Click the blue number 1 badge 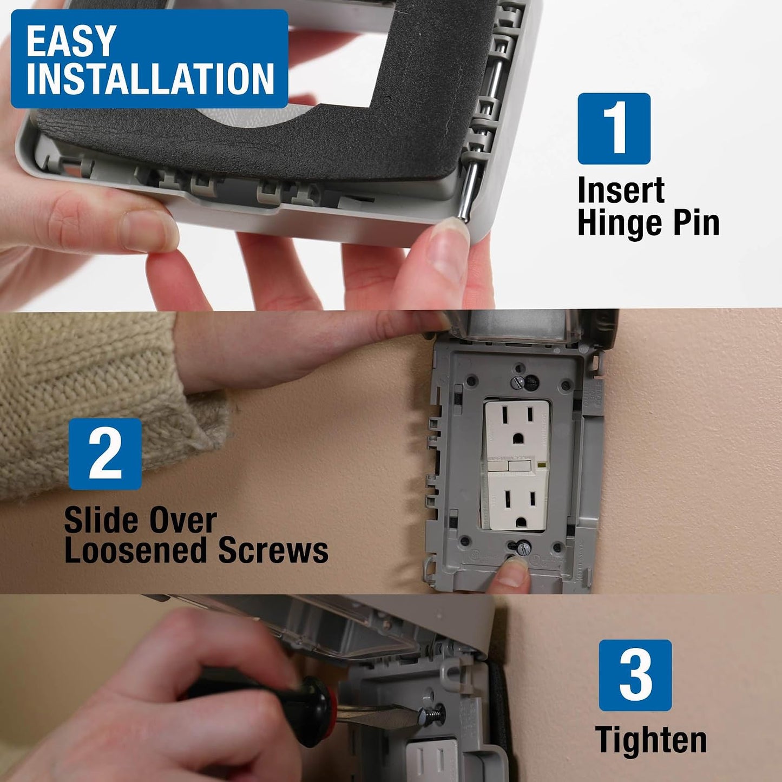pos(614,129)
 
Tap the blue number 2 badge pos(105,454)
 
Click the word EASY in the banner pos(70,41)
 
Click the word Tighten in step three pos(652,740)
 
